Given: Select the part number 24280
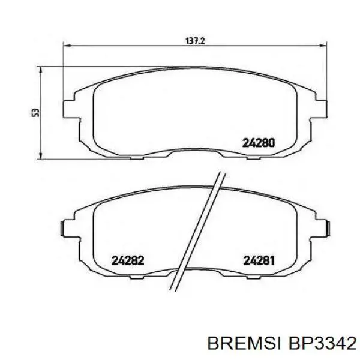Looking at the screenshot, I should [259, 143].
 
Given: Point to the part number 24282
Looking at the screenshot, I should [128, 260].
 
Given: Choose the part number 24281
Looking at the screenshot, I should [259, 260].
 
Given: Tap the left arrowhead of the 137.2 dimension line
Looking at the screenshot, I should [68, 46].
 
